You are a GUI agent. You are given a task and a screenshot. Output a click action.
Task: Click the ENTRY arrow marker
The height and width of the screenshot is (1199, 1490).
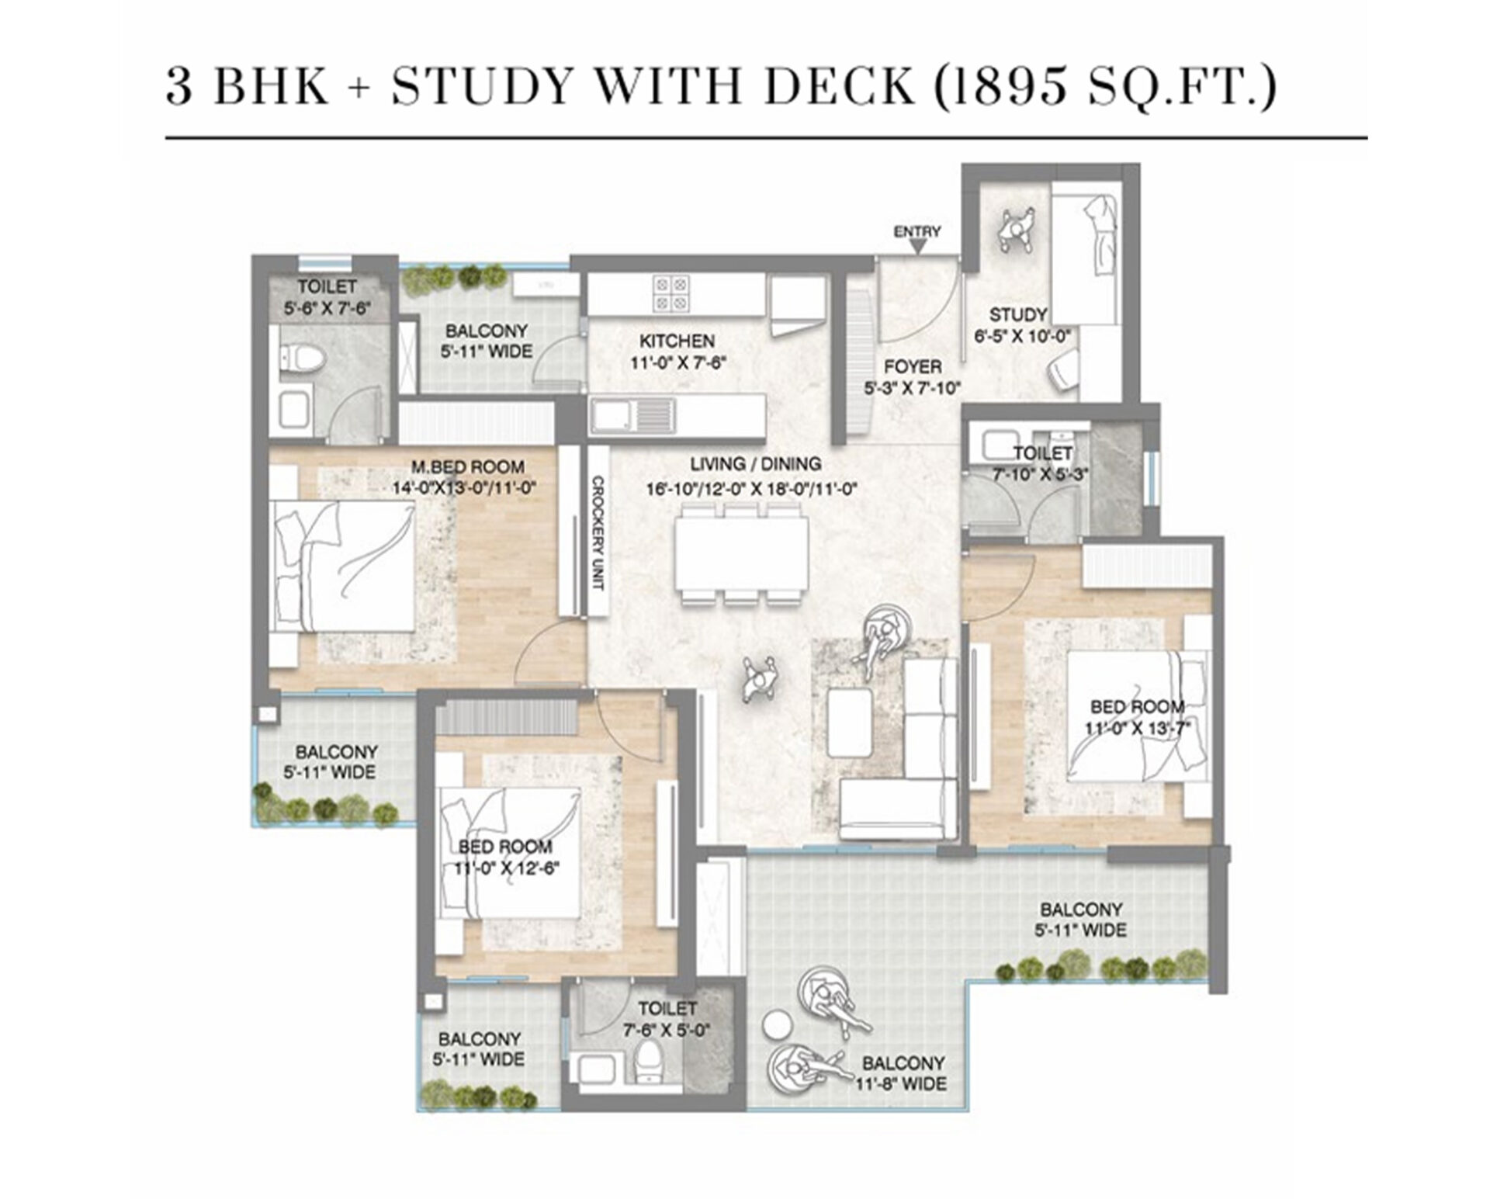click(x=917, y=248)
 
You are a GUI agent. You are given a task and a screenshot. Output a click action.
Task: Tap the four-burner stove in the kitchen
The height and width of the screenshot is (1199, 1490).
click(x=670, y=293)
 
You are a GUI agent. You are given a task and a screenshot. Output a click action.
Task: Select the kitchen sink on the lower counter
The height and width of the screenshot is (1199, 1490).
click(x=613, y=415)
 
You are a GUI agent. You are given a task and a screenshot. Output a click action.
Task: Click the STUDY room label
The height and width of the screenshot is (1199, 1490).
click(x=1017, y=315)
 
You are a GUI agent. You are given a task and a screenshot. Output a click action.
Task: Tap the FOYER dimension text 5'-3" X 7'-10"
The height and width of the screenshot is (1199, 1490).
click(x=913, y=387)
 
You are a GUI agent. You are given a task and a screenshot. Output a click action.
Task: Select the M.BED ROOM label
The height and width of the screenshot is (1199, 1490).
click(x=467, y=467)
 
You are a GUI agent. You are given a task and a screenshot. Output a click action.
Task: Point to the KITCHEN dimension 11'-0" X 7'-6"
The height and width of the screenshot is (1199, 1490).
click(x=677, y=362)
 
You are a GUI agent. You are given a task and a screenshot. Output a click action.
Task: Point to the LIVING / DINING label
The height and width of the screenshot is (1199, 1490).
click(x=755, y=464)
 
